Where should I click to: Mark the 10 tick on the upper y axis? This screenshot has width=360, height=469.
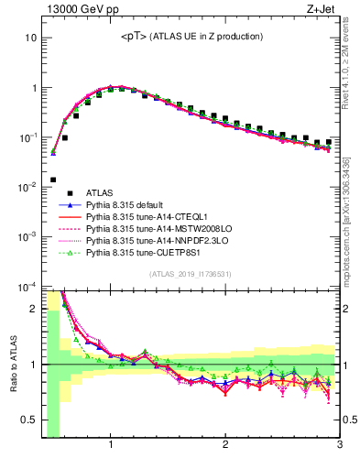pyautogui.click(x=30, y=38)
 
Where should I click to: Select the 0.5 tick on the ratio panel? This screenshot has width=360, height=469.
pyautogui.click(x=29, y=420)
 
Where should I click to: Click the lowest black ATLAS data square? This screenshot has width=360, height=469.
pyautogui.click(x=53, y=180)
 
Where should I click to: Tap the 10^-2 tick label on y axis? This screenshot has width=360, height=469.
pyautogui.click(x=27, y=187)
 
